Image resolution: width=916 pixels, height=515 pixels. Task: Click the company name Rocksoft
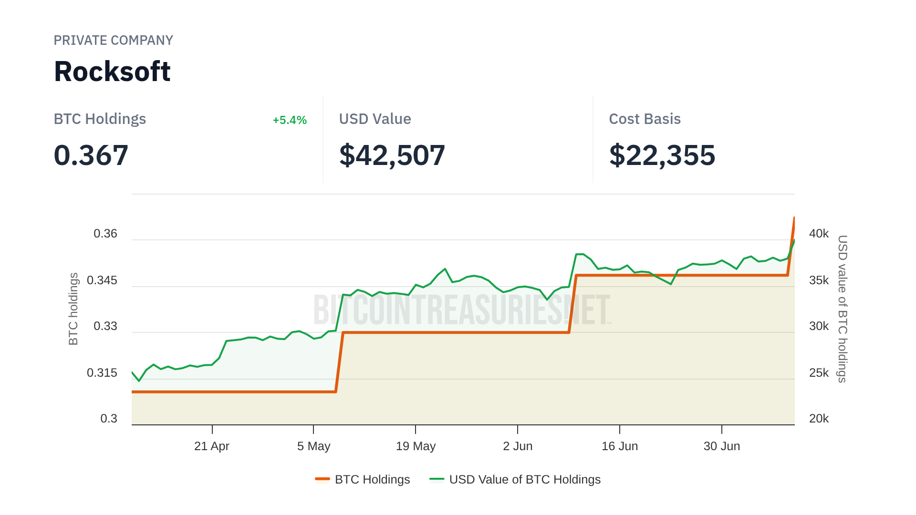(112, 72)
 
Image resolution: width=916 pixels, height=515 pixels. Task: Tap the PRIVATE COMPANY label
(113, 41)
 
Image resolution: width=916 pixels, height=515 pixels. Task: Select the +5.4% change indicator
(289, 120)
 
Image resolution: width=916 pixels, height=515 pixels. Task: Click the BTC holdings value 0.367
(91, 155)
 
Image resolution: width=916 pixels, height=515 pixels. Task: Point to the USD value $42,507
(392, 155)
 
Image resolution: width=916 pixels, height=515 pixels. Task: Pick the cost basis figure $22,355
(662, 155)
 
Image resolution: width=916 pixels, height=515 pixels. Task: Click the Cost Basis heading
(645, 119)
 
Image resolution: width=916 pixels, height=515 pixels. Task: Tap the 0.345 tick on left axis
(102, 280)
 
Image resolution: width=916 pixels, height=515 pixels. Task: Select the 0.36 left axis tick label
(105, 234)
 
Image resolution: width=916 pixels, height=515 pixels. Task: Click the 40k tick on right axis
(819, 234)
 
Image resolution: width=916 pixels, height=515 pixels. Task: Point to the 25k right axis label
(819, 373)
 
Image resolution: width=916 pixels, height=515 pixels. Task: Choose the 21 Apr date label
(211, 446)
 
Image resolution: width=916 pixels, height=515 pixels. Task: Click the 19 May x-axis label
(416, 446)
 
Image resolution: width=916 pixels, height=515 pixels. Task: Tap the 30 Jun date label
(721, 446)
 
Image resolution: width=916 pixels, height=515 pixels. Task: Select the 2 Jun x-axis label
(518, 446)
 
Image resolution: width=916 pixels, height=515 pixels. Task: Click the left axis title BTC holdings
(73, 309)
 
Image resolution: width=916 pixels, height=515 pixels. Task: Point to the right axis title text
(843, 309)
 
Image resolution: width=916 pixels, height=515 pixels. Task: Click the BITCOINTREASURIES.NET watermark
(462, 310)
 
